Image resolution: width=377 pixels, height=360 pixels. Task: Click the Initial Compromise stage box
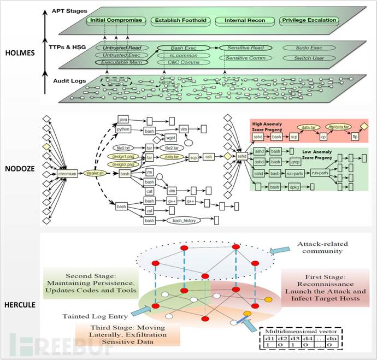(x=116, y=21)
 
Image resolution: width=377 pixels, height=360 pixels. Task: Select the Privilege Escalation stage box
(x=309, y=21)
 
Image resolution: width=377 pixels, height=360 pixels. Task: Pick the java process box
(x=125, y=119)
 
